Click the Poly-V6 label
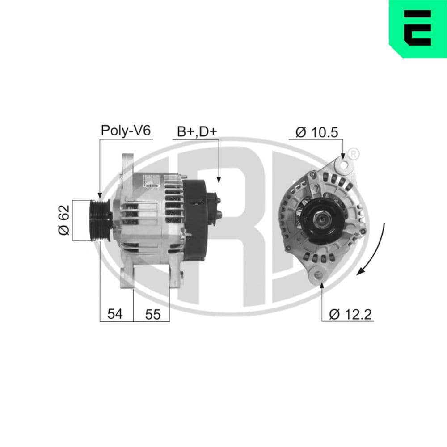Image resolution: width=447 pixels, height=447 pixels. coord(126,131)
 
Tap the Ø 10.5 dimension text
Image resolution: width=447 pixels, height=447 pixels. coord(316,132)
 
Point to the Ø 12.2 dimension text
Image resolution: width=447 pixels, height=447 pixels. coord(350,314)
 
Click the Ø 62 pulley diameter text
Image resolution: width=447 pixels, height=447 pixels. coord(63,220)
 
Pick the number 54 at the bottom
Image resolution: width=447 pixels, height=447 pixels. coord(115,314)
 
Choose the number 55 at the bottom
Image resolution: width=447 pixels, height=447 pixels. coord(152,314)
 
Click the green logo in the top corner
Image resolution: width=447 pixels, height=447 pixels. coord(417,29)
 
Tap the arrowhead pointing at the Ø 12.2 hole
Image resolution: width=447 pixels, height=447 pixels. coord(322,285)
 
